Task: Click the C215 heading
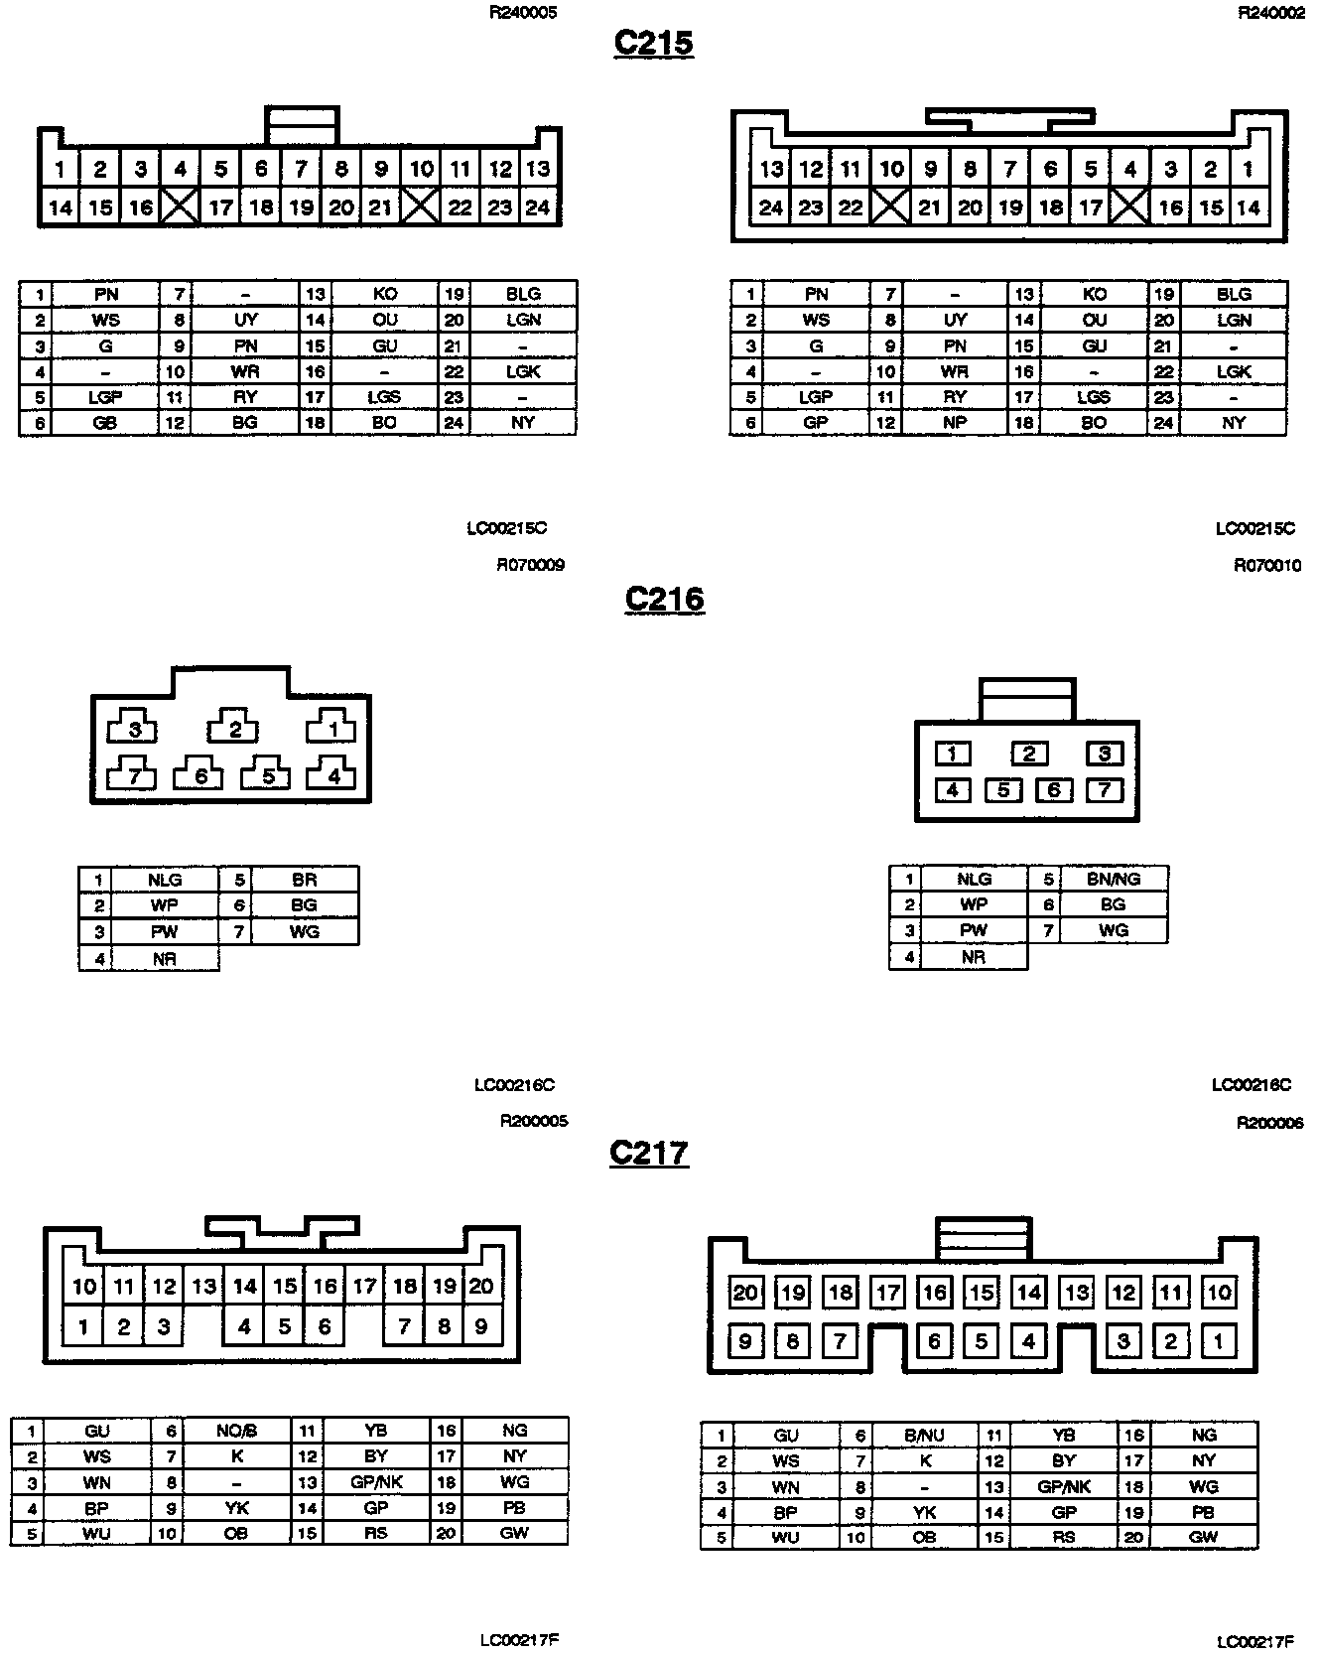(653, 43)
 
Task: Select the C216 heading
(664, 599)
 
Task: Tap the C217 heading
(649, 1153)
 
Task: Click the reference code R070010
(1267, 565)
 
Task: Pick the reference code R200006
(1269, 1123)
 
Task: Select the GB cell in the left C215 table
(105, 422)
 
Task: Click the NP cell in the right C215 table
(955, 422)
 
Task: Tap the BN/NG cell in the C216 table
(1113, 879)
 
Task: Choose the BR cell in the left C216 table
(304, 880)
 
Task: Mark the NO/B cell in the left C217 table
(236, 1431)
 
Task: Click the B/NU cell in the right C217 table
(924, 1435)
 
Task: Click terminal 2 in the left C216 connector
(234, 730)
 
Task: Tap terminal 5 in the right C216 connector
(1003, 790)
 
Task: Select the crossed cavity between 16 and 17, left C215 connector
(180, 207)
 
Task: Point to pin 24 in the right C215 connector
(771, 207)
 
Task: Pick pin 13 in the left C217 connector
(204, 1287)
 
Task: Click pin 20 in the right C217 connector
(745, 1293)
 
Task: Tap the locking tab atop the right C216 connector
(1026, 700)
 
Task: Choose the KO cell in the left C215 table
(384, 294)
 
